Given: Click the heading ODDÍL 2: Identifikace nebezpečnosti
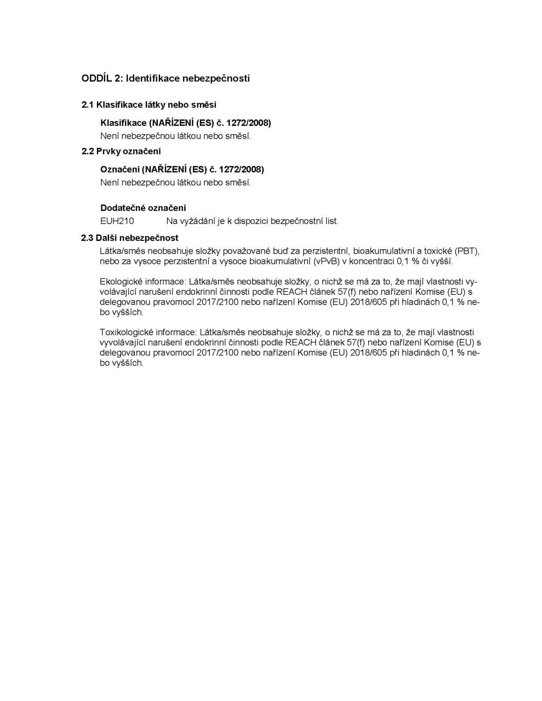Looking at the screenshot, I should [166, 78].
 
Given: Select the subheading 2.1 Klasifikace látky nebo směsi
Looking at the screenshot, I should [149, 105].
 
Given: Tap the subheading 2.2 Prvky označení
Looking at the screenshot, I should [121, 151].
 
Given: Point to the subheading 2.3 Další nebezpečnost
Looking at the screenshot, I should [130, 238].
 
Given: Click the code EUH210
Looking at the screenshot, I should [117, 221].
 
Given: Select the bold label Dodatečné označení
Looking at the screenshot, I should [143, 208].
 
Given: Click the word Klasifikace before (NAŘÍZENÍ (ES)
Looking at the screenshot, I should [123, 123].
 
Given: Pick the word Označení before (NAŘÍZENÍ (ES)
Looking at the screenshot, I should [120, 169].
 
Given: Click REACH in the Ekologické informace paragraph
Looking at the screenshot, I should [300, 291].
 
